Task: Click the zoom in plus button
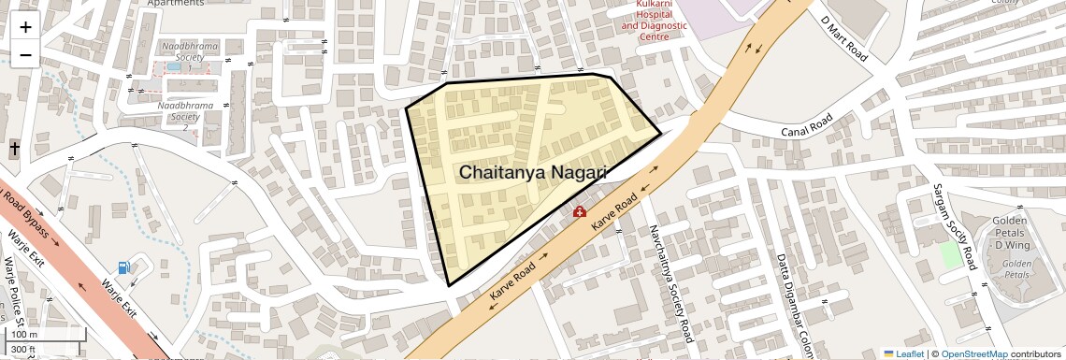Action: point(25,26)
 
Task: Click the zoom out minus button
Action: point(25,55)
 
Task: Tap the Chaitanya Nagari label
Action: point(533,173)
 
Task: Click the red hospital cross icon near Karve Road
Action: point(580,213)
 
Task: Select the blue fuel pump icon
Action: point(124,268)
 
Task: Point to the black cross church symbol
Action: point(15,149)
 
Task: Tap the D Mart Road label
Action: point(843,38)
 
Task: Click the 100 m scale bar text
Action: point(25,334)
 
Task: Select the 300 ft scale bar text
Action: point(25,349)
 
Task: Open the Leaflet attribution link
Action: point(903,353)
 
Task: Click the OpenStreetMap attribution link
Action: point(974,353)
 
